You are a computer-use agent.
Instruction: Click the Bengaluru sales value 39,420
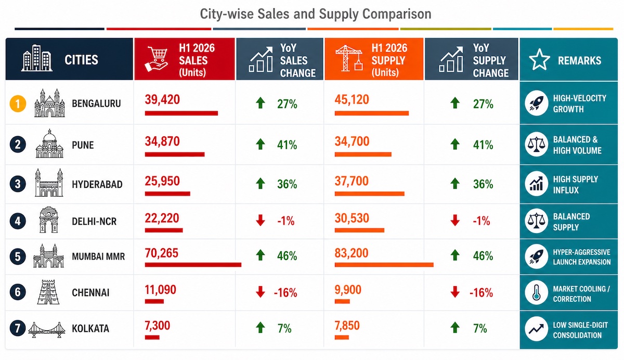pyautogui.click(x=162, y=99)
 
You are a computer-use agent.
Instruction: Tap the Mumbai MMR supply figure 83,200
pyautogui.click(x=352, y=253)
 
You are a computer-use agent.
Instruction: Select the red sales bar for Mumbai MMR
pyautogui.click(x=193, y=265)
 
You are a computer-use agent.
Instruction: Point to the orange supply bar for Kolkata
pyautogui.click(x=342, y=338)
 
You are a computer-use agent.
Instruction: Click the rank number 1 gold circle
pyautogui.click(x=18, y=104)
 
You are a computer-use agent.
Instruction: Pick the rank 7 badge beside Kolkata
pyautogui.click(x=18, y=328)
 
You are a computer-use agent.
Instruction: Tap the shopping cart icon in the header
pyautogui.click(x=157, y=59)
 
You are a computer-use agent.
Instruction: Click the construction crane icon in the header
pyautogui.click(x=349, y=58)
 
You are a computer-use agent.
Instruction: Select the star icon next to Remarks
pyautogui.click(x=539, y=60)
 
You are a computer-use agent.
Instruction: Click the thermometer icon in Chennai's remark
pyautogui.click(x=536, y=293)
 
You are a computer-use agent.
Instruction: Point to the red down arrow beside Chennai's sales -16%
pyautogui.click(x=261, y=292)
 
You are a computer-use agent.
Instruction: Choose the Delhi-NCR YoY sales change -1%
pyautogui.click(x=286, y=221)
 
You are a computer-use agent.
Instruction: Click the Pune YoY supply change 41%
pyautogui.click(x=483, y=145)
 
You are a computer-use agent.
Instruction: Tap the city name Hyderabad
pyautogui.click(x=97, y=184)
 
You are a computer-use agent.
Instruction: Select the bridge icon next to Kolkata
pyautogui.click(x=47, y=330)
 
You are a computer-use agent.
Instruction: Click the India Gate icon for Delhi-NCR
pyautogui.click(x=49, y=220)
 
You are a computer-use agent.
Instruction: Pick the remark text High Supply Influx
pyautogui.click(x=576, y=185)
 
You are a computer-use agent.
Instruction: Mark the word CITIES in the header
pyautogui.click(x=81, y=60)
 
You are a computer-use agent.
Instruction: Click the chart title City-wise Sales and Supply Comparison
pyautogui.click(x=316, y=14)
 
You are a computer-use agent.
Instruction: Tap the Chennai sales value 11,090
pyautogui.click(x=161, y=290)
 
